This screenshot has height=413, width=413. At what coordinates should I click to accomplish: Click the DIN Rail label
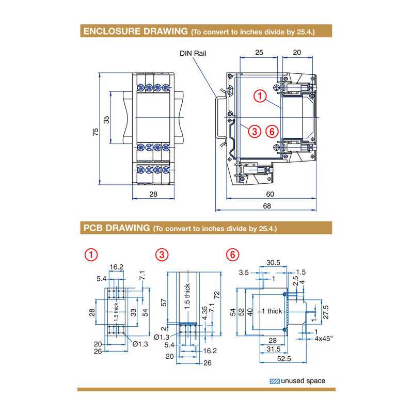[192, 53]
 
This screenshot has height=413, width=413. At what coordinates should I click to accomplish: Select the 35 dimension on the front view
[107, 119]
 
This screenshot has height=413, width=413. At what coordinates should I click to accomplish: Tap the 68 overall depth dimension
[267, 205]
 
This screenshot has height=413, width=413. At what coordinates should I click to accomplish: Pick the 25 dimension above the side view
[259, 53]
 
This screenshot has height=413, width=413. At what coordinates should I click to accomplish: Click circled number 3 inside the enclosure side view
[254, 131]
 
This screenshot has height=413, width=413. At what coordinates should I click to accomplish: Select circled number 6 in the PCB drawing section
[233, 255]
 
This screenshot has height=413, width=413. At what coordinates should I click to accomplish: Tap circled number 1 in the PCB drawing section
[91, 255]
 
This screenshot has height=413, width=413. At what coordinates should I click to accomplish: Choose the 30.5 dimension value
[274, 263]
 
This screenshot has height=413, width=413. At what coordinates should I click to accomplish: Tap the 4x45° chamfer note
[324, 339]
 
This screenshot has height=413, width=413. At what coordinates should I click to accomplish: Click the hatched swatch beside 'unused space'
[275, 381]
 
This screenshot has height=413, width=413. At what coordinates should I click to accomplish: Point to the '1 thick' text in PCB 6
[272, 311]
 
